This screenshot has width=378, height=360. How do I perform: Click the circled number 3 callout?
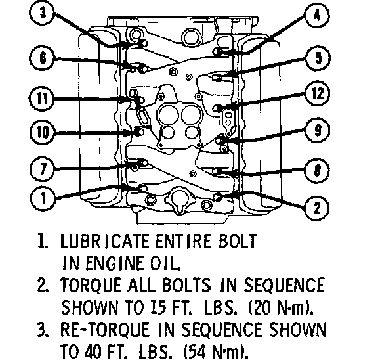(x=43, y=12)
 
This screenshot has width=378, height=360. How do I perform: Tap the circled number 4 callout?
(x=318, y=16)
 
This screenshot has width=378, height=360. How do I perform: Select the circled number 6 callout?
(x=43, y=58)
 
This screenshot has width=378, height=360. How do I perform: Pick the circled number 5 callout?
(x=318, y=58)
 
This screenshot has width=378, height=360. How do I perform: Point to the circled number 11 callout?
(x=42, y=99)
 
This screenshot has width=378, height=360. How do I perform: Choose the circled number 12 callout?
(x=318, y=93)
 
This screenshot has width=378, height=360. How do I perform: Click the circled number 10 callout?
(x=43, y=133)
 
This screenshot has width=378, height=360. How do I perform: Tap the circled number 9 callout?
(x=318, y=130)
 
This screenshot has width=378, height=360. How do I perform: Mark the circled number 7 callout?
(x=43, y=168)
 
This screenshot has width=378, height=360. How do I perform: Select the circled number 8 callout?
(x=318, y=170)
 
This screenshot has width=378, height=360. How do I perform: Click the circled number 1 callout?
(x=43, y=198)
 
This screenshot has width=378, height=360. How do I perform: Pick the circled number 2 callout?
(x=316, y=208)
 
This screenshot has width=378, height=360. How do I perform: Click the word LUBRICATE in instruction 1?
(x=104, y=241)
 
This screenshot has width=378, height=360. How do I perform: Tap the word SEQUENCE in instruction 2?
(x=284, y=285)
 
